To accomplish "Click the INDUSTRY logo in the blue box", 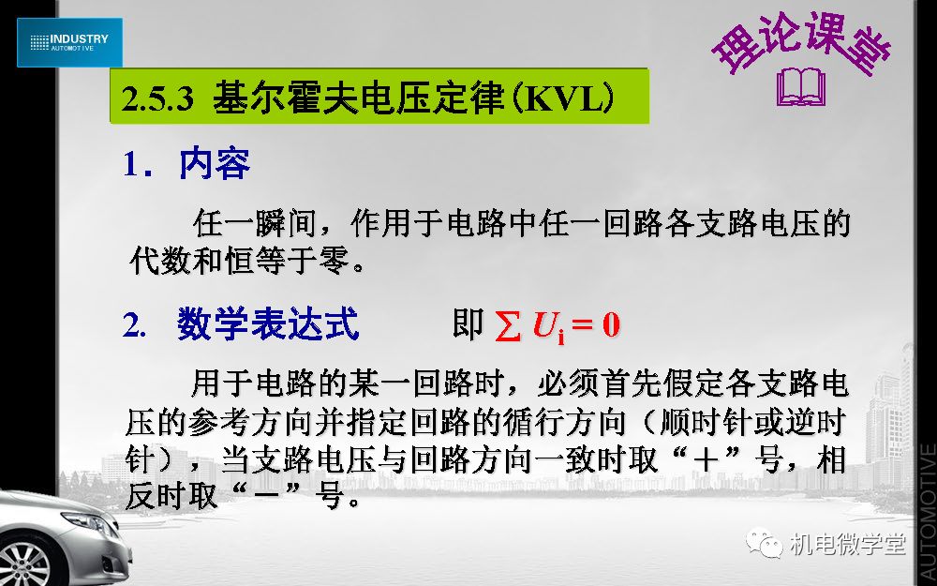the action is tap(69, 42).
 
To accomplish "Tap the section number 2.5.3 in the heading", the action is tap(157, 98).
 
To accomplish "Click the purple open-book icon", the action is tap(801, 87).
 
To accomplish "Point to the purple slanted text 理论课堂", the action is tap(801, 42).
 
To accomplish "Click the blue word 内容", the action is tap(215, 163).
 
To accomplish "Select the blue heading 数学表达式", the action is tap(268, 324).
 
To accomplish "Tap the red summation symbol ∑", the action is tap(508, 326).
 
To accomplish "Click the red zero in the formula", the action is tap(611, 325).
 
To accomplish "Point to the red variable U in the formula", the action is tap(544, 326).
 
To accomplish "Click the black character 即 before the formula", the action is tap(468, 324).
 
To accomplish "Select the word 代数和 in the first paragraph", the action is tap(176, 260).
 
